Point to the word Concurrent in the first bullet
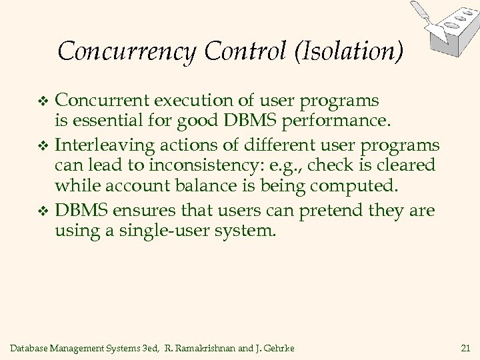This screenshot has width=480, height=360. pos(103,101)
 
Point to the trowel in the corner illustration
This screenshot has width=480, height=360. pos(420,13)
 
